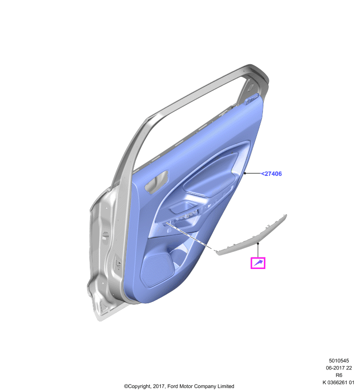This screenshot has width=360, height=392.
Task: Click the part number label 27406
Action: pos(271,174)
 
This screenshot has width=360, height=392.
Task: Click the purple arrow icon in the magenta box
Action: pos(258,263)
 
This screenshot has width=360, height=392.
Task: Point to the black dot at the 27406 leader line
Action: pos(245,173)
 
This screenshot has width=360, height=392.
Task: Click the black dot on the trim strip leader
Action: pos(258,243)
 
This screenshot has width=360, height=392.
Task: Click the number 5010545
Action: pos(339,361)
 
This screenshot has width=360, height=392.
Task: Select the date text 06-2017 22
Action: pos(339,368)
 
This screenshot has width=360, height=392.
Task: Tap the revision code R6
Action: pos(339,375)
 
